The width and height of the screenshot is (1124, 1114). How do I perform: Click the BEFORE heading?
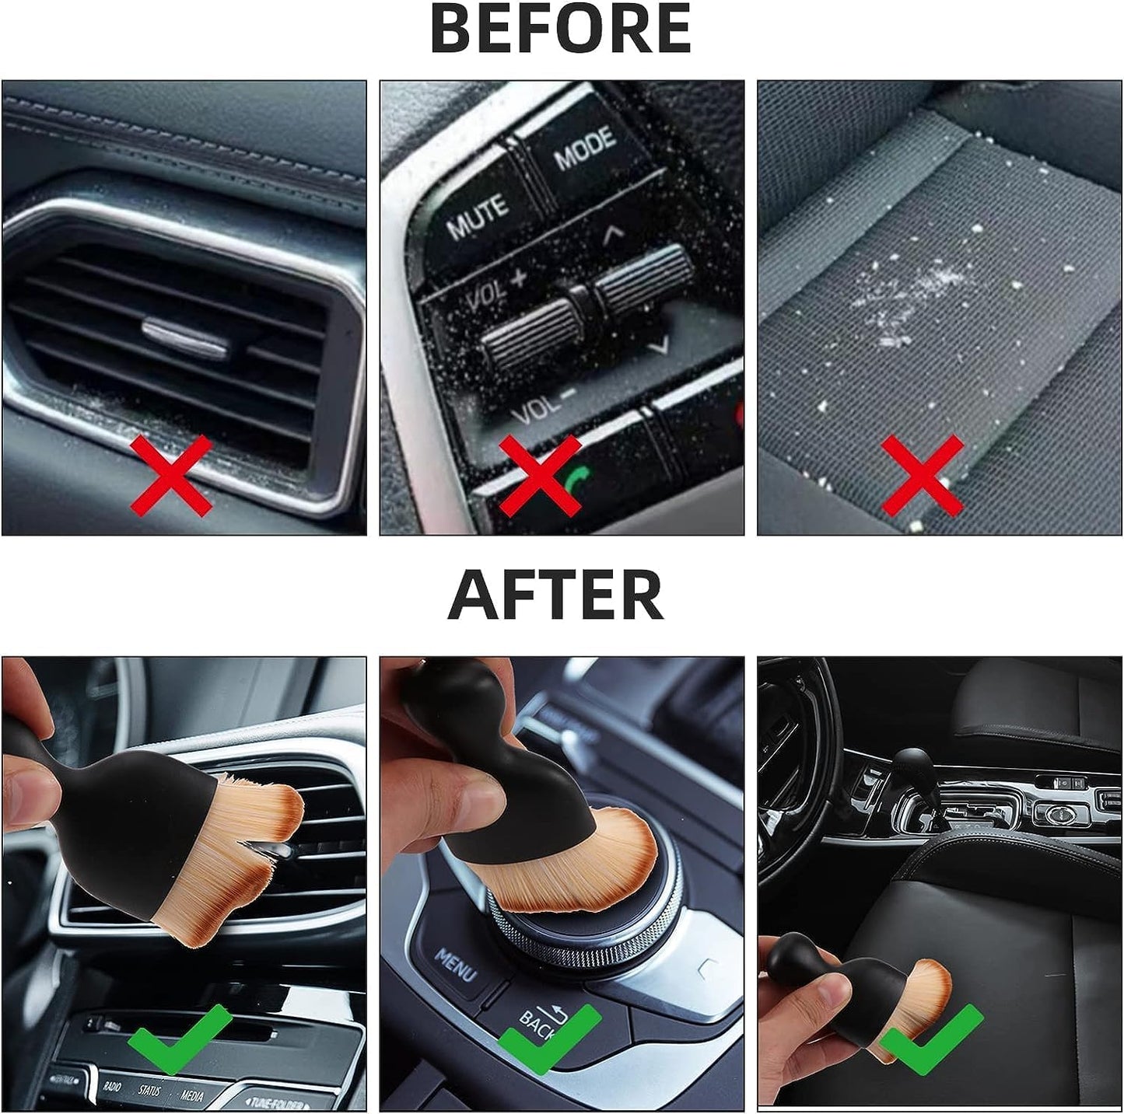560,29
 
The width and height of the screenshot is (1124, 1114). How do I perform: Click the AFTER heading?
555,595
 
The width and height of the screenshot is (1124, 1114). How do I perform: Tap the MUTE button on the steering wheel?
476,215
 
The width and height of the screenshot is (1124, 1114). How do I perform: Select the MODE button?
584,147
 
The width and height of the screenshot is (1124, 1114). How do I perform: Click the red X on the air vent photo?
170,475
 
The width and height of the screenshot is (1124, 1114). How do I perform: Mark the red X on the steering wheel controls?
539,475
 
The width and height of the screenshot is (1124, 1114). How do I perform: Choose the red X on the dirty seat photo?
923,475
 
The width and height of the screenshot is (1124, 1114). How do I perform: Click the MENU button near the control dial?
456,965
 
